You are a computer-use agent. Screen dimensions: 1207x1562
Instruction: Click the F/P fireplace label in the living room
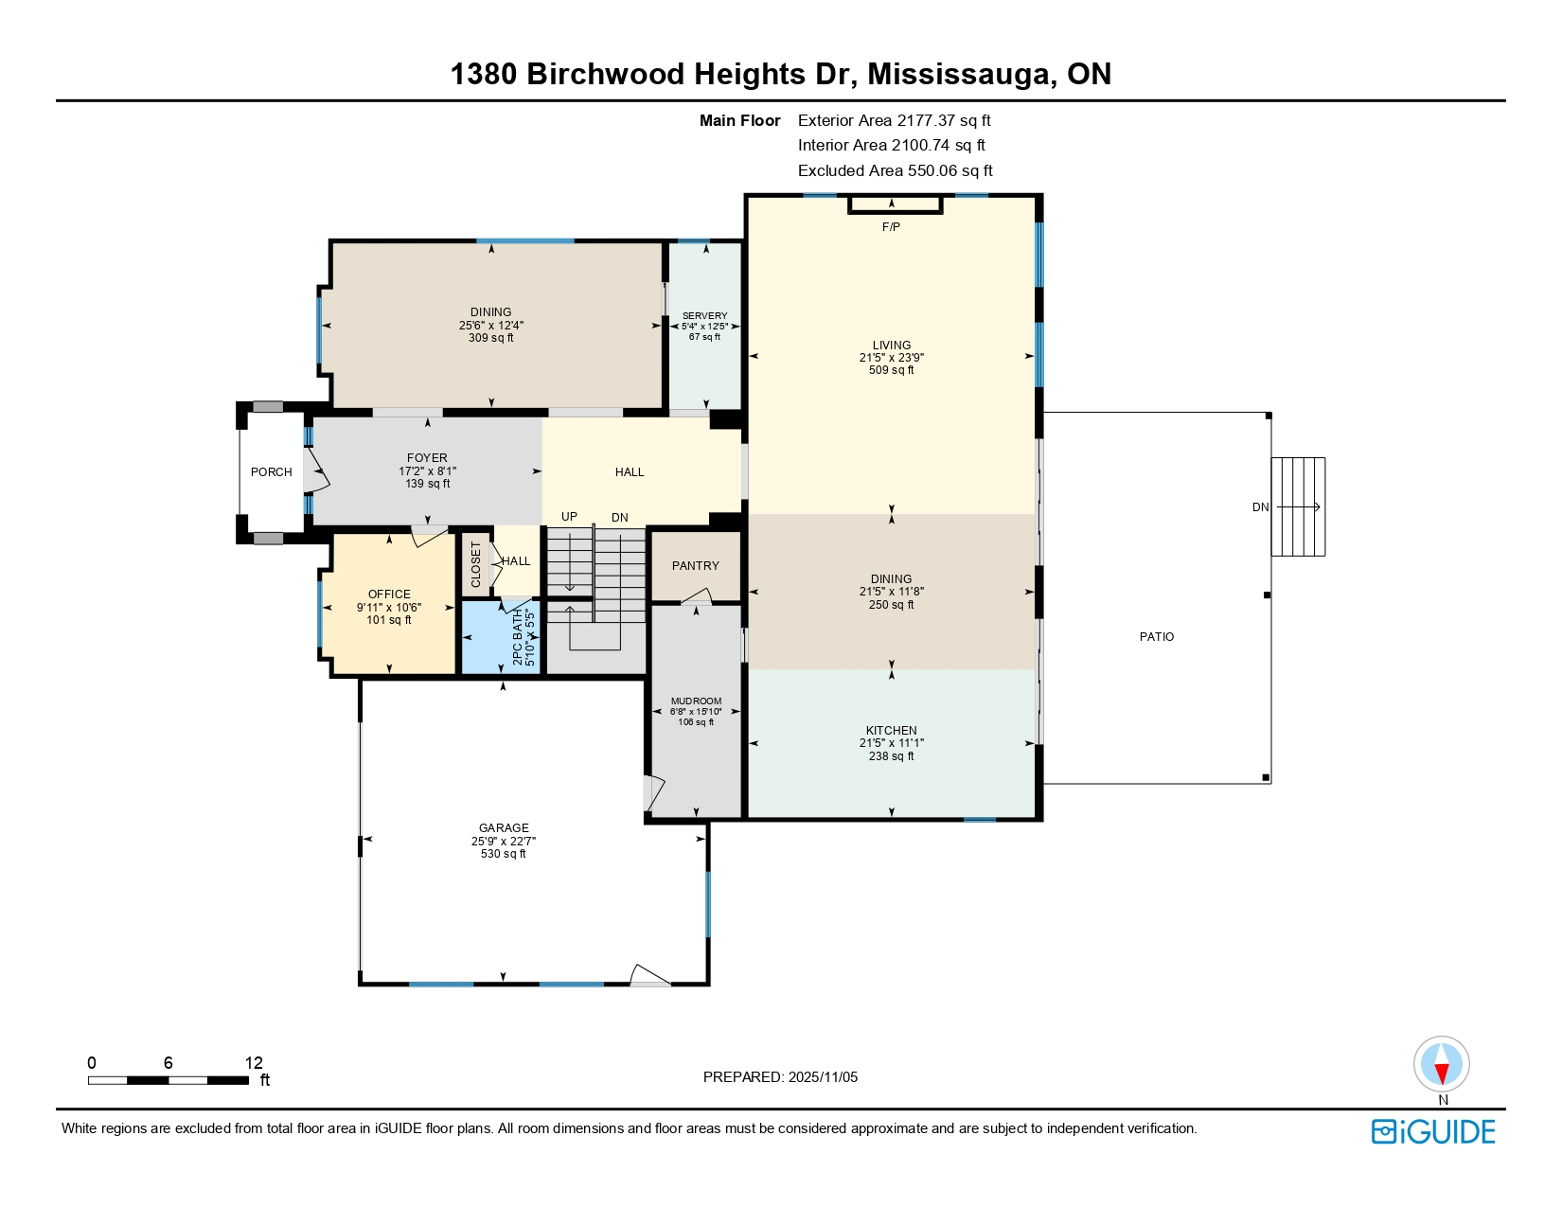(890, 227)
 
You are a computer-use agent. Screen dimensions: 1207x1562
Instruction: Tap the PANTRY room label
(695, 566)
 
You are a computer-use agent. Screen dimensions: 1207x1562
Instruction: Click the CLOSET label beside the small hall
(476, 564)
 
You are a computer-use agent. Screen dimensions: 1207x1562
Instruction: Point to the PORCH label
(271, 472)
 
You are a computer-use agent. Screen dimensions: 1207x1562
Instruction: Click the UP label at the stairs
(569, 517)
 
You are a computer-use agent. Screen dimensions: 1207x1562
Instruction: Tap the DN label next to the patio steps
(1260, 507)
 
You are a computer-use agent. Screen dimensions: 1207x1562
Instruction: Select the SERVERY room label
(704, 316)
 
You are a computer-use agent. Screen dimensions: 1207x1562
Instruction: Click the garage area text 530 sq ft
(503, 854)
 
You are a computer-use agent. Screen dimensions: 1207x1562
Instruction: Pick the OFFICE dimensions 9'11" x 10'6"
(389, 608)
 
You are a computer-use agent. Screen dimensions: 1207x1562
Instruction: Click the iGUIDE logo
(1433, 1132)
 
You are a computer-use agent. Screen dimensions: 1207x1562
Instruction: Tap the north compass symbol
(1441, 1064)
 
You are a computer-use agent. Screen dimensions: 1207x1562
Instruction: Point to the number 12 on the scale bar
(253, 1063)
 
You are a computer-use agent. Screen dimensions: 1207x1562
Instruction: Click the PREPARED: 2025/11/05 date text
(780, 1077)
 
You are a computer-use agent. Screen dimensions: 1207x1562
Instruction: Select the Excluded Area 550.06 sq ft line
(895, 171)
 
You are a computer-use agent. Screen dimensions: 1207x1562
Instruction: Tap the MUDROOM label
(696, 701)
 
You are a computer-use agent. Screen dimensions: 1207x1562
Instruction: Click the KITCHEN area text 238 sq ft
(891, 756)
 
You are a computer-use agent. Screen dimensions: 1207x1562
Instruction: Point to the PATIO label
(1156, 637)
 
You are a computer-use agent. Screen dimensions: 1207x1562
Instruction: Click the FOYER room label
(427, 458)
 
